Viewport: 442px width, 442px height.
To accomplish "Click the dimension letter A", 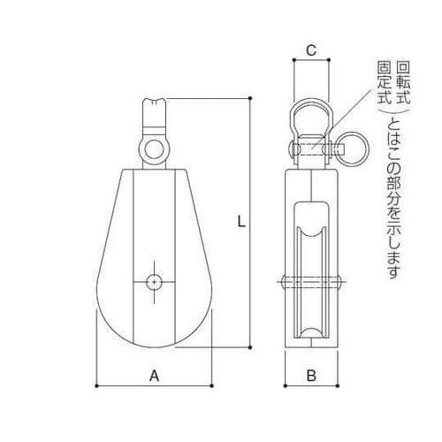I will (x=154, y=376).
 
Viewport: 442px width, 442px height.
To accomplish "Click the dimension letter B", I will (x=311, y=376).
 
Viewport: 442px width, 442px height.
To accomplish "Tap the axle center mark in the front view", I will (x=155, y=281).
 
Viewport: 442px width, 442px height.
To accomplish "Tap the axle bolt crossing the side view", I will (x=311, y=283).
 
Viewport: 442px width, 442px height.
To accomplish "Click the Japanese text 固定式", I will (x=384, y=85).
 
